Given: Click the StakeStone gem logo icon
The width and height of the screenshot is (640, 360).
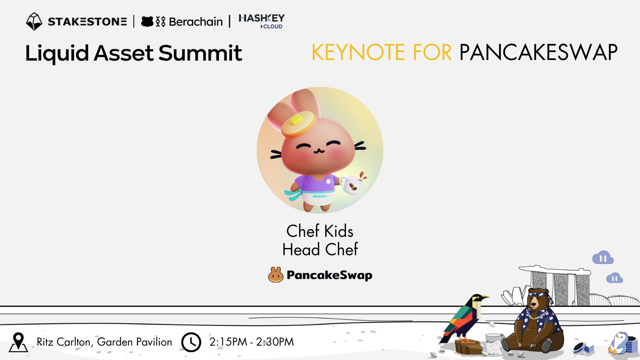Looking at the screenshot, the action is [x=34, y=22].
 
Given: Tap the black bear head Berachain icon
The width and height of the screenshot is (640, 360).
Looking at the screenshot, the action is [x=148, y=22].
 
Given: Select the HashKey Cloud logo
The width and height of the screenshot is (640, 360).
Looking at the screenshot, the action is [x=262, y=22].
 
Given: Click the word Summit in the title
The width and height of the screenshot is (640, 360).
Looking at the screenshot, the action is [x=200, y=53].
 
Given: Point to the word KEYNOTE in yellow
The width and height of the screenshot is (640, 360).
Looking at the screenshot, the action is [x=358, y=52].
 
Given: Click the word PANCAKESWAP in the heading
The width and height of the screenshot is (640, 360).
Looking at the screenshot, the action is [x=538, y=52].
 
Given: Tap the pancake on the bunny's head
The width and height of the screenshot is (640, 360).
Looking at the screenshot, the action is [x=298, y=124].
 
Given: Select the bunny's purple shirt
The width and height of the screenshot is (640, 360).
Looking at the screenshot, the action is [x=315, y=183].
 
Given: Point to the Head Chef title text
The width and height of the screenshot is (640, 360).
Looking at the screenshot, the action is [x=320, y=250].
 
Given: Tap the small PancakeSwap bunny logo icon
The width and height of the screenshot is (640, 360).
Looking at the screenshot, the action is [x=276, y=275].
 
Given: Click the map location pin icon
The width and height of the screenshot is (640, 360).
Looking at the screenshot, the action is [x=18, y=342].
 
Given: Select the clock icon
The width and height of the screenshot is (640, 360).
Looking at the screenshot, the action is [x=191, y=342].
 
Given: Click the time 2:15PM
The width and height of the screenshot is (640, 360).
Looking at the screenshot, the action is [x=228, y=342].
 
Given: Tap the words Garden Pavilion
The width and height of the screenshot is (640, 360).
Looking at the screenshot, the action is [x=134, y=342].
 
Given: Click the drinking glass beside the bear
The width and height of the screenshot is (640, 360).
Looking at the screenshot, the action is [x=493, y=344].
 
